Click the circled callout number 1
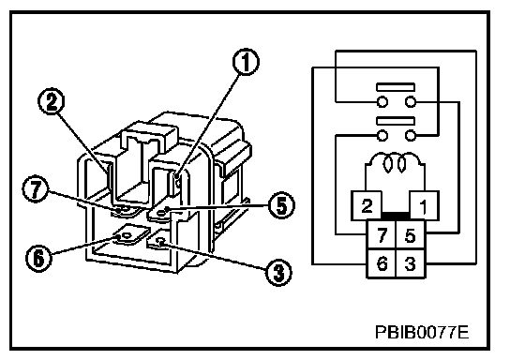246,62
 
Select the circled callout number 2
52,101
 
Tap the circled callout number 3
278,272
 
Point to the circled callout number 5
281,205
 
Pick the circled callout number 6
39,258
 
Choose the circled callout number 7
36,188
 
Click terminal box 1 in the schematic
424,205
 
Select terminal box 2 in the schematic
367,205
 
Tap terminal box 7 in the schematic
382,234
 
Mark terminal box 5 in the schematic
411,234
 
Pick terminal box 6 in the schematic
382,263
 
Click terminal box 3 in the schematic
411,263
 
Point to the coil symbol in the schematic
395,162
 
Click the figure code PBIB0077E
422,332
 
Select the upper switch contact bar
396,87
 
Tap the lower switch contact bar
396,121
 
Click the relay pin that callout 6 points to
131,234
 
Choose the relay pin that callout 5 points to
163,212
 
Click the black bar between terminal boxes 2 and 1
396,216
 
